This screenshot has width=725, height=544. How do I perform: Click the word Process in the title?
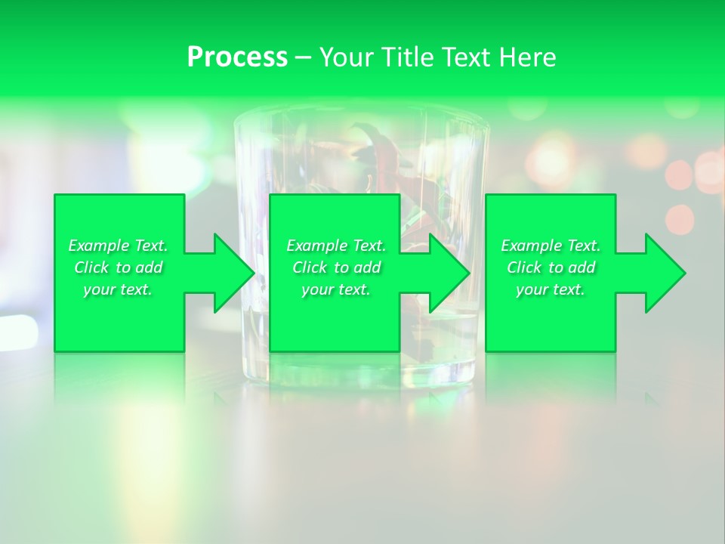[x=237, y=57]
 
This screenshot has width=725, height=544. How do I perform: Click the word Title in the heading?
[x=403, y=57]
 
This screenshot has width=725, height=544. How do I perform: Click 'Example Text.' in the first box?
[x=118, y=246]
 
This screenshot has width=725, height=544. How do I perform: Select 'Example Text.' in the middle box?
[x=336, y=246]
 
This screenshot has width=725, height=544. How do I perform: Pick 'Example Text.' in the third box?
[x=551, y=246]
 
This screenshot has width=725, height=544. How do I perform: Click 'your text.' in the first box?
[x=118, y=289]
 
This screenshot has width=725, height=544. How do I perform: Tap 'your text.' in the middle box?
[x=336, y=289]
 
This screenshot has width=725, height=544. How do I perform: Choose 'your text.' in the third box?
[x=551, y=289]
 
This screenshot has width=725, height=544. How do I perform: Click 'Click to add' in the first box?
[x=118, y=267]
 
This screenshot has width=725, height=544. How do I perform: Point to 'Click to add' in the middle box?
[x=336, y=267]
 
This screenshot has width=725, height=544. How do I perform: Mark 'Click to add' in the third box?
[x=551, y=267]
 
